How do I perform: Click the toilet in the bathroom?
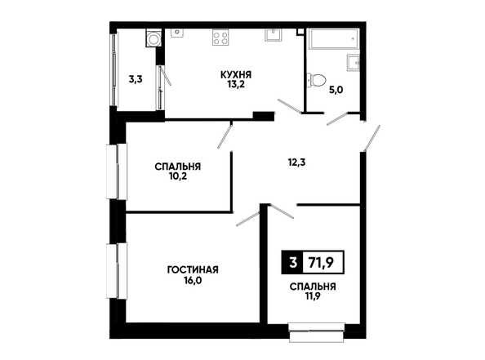point(316,80)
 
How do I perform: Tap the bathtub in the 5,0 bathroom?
point(334,39)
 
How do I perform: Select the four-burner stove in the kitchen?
point(220,38)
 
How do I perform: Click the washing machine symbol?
point(154,38)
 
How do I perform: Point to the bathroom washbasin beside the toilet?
point(354,63)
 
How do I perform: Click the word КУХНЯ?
point(236,74)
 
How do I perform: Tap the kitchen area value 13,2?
point(236,84)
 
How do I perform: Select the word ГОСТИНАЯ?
point(193,269)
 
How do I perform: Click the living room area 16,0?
point(193,281)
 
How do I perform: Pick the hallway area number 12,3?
point(296,162)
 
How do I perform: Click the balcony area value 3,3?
point(136,80)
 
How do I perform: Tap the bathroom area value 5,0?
point(336,91)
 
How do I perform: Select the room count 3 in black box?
point(293,263)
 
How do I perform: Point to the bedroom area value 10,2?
point(177,176)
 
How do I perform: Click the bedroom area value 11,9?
point(313,296)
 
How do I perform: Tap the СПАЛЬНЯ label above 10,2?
point(177,167)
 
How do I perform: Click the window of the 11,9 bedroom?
point(317,332)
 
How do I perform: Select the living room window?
point(117,271)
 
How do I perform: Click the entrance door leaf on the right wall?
point(372,138)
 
